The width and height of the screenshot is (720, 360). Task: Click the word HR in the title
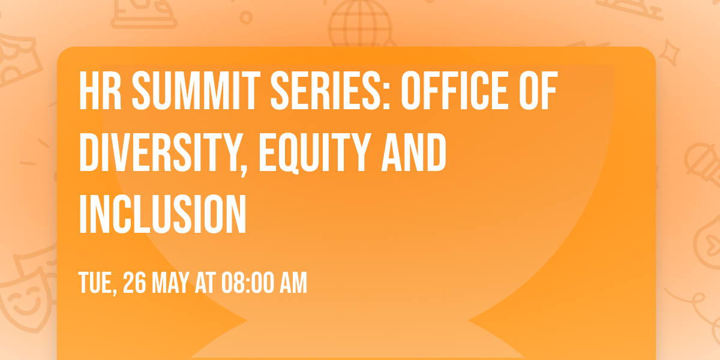point(100,94)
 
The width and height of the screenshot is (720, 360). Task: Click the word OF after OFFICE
point(539,94)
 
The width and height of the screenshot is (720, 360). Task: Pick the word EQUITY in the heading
point(311,152)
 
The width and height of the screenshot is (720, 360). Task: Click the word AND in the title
point(417,152)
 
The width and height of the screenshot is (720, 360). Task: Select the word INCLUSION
point(163,212)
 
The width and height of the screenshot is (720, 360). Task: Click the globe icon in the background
point(359,24)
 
